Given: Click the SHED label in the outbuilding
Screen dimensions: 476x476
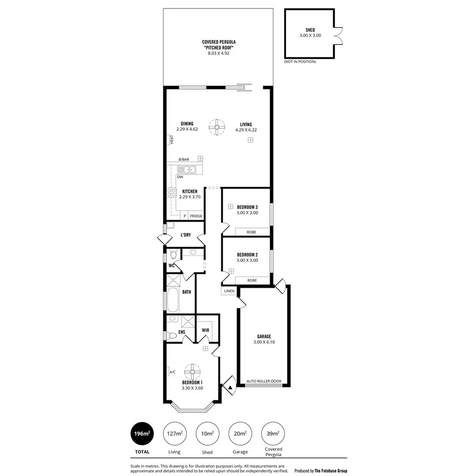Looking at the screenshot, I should (x=310, y=30).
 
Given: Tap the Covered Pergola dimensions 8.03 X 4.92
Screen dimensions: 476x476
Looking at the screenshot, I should (x=218, y=53).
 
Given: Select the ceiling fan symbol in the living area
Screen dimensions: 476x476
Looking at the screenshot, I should (x=216, y=127).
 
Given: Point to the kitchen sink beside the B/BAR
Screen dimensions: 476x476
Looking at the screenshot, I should (x=187, y=170).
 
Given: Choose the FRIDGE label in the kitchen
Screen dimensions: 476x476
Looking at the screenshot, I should (x=196, y=216).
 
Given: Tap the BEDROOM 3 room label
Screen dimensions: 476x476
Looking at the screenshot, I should (x=247, y=206).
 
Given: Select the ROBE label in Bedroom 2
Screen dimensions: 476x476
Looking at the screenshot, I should (x=252, y=280).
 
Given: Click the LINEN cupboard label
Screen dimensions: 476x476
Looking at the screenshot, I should (x=228, y=291).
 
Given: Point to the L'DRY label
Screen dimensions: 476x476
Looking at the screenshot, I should (x=186, y=235).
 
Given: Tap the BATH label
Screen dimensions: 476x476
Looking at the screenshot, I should (x=187, y=291).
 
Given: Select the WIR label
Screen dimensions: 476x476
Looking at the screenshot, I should (x=206, y=331).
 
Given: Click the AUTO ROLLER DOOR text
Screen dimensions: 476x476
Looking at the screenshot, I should (x=264, y=381).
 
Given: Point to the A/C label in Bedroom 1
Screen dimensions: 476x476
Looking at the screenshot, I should (x=172, y=372).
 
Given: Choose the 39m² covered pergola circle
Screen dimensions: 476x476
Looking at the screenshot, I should (x=273, y=434).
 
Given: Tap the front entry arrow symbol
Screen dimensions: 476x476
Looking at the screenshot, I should (x=231, y=387).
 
